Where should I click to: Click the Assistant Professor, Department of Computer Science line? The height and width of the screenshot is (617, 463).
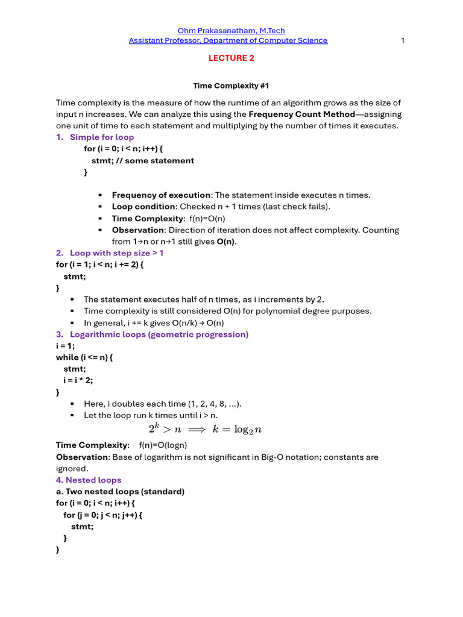coord(228,40)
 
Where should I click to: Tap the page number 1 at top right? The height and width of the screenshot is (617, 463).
coord(402,40)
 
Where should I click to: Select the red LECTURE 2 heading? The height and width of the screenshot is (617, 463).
coord(228,58)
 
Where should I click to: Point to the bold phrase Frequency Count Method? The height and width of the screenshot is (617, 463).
coord(301,114)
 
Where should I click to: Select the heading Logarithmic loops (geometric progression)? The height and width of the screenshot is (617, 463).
coord(159,334)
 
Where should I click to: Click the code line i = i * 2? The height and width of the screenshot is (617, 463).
coord(78,380)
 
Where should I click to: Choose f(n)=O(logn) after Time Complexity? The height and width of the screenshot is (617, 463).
coord(163,445)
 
